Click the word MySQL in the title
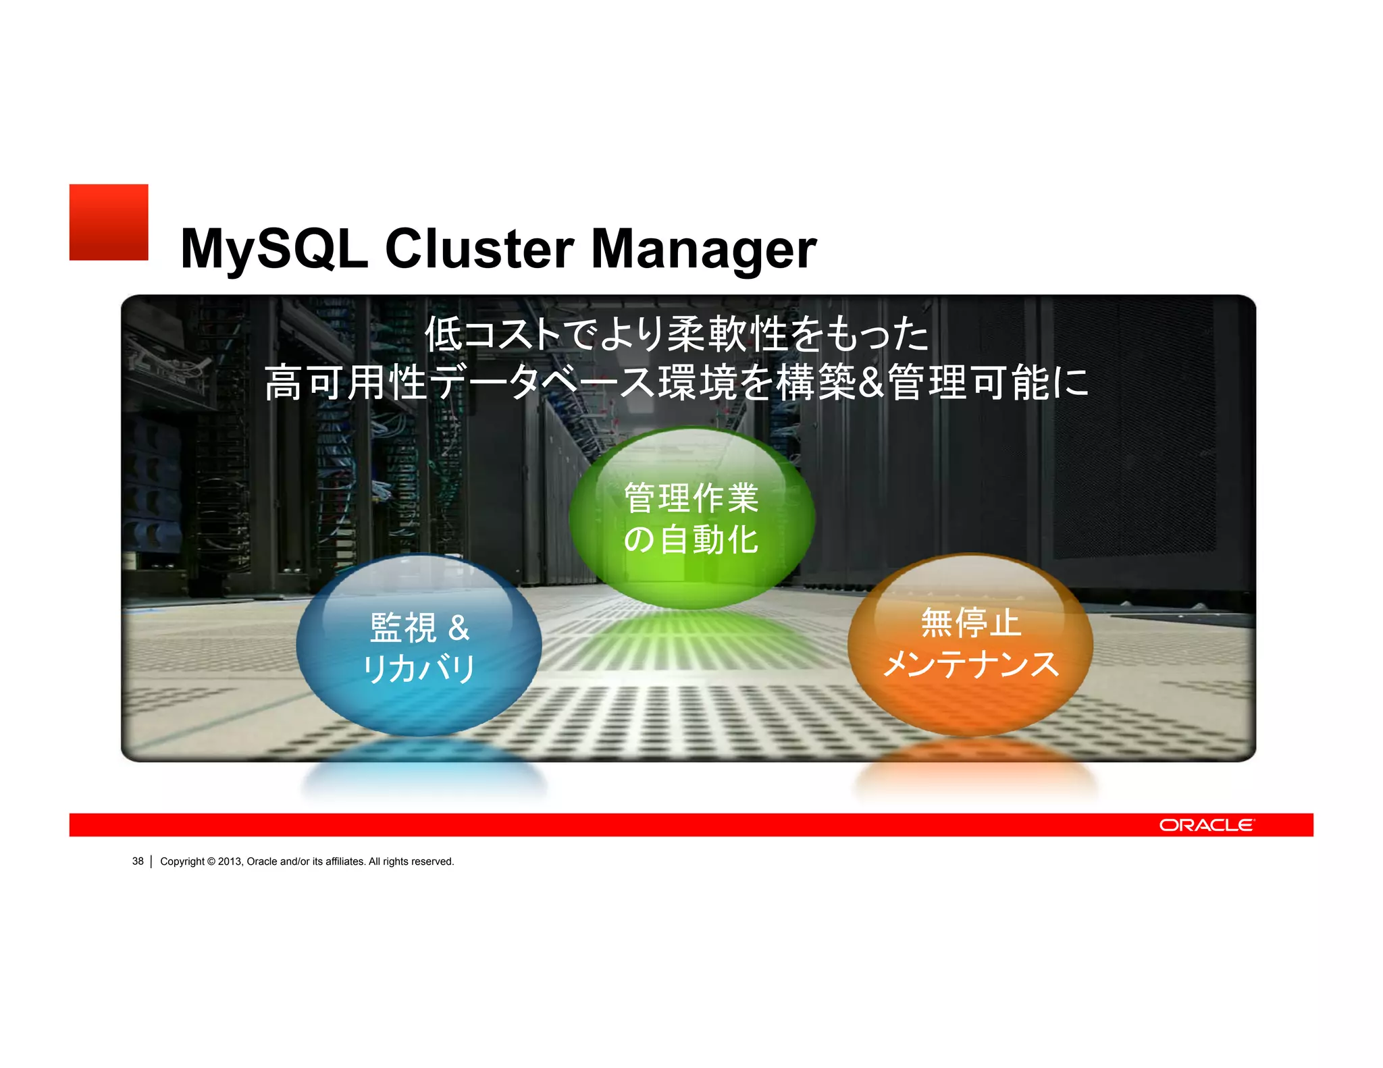pos(274,248)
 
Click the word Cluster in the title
pos(479,248)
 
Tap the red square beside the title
pos(109,222)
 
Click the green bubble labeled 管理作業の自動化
pos(691,518)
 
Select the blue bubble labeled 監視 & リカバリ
pos(419,647)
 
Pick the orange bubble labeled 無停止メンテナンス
pos(970,645)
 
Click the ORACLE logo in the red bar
pos(1207,825)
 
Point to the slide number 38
pos(138,861)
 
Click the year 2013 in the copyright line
pos(230,861)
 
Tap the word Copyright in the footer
pos(182,861)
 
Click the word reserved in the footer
pos(432,861)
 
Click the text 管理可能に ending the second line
pos(989,382)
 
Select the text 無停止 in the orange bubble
pos(970,622)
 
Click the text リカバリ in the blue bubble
pos(419,670)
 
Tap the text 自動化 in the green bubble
pos(709,540)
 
